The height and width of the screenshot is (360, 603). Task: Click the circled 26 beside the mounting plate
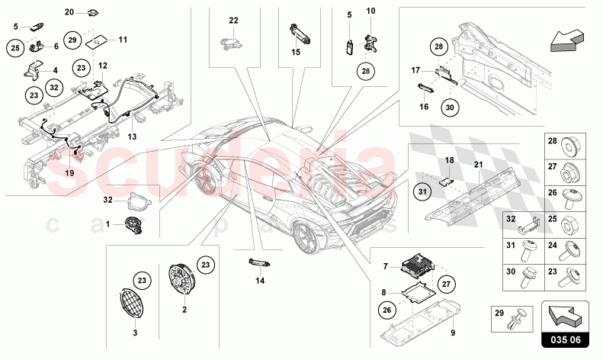pyautogui.click(x=387, y=310)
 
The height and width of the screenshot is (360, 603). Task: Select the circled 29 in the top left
pyautogui.click(x=73, y=40)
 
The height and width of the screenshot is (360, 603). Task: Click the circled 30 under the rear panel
pyautogui.click(x=450, y=108)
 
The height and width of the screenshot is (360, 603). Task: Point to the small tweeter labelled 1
pyautogui.click(x=135, y=225)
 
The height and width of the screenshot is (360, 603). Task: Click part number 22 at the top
pyautogui.click(x=233, y=20)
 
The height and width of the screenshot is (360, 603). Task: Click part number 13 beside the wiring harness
pyautogui.click(x=132, y=137)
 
